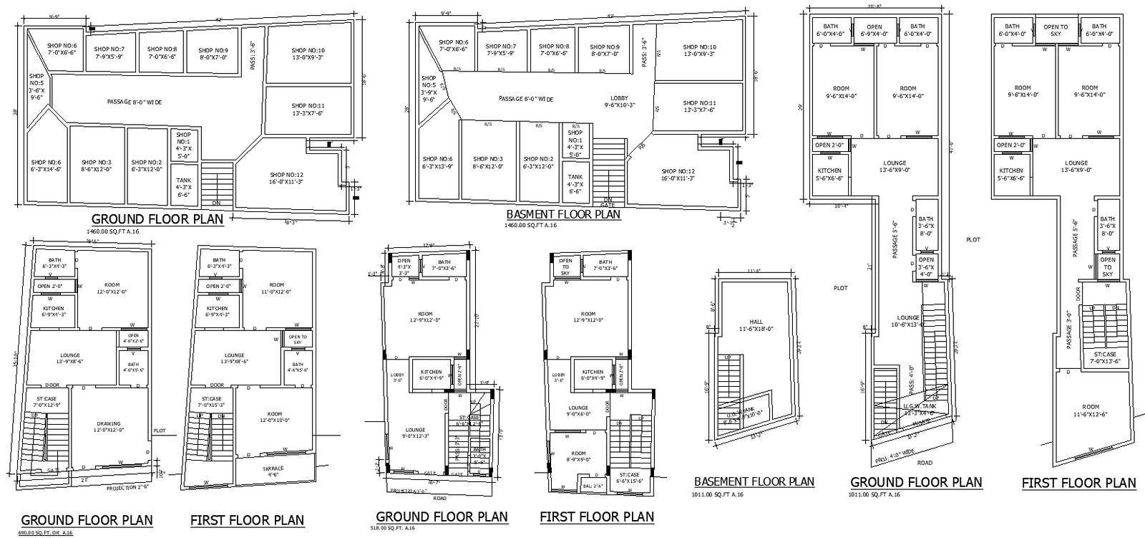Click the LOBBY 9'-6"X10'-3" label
(619, 102)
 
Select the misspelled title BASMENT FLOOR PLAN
(563, 213)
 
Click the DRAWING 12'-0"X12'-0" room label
(109, 427)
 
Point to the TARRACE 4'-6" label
(273, 471)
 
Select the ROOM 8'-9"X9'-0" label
(578, 457)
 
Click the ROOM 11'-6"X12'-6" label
(1091, 410)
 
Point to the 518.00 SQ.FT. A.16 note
(392, 528)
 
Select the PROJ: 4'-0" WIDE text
(895, 453)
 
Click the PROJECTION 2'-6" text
(127, 487)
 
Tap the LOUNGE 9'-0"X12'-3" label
(415, 433)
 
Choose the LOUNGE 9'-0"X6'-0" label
(578, 410)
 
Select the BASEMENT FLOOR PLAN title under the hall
(754, 481)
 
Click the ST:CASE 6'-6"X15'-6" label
(628, 478)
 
